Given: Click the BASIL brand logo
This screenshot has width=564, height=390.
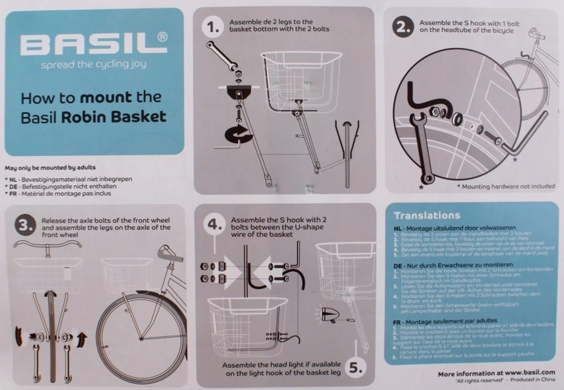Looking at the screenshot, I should point(94,46).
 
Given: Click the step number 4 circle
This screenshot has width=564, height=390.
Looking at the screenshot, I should point(214,225).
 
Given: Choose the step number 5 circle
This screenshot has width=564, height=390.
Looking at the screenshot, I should point(356,368).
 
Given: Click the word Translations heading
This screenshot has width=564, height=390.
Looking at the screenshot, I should point(427,216).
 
